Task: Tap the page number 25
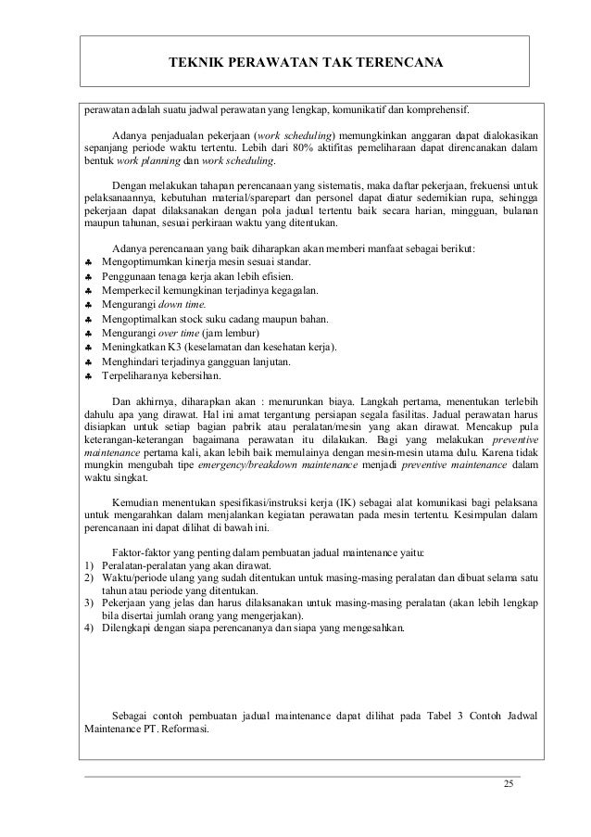tap(507, 786)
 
